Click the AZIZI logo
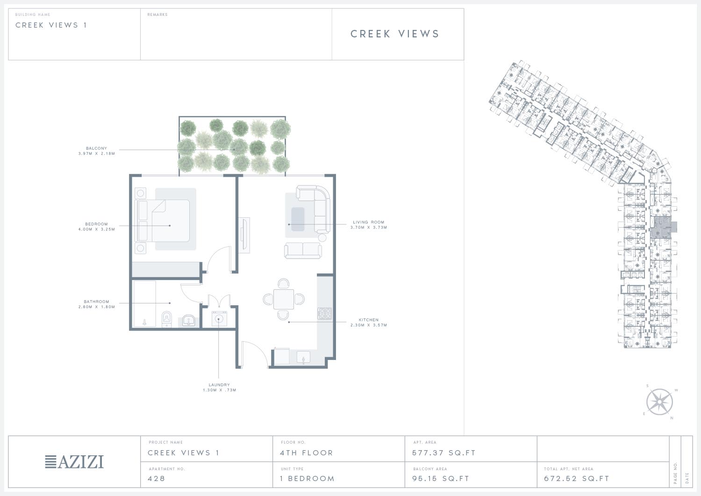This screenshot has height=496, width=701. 74,461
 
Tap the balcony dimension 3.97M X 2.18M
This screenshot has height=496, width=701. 97,153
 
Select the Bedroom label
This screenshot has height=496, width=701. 96,224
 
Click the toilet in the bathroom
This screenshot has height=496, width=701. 167,319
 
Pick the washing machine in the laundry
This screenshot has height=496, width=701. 219,319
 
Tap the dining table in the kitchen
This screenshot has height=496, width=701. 284,299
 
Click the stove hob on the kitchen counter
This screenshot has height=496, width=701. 325,313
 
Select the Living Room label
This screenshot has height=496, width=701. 369,222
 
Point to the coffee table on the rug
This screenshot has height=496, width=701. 298,219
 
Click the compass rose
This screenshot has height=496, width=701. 659,402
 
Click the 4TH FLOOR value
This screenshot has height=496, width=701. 307,453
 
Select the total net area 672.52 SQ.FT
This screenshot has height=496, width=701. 576,478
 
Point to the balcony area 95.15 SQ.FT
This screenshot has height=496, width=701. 441,478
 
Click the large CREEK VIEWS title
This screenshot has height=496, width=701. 394,34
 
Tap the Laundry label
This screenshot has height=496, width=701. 219,385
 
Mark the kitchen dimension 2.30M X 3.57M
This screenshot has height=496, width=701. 369,325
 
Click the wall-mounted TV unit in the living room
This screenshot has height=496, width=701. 244,235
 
